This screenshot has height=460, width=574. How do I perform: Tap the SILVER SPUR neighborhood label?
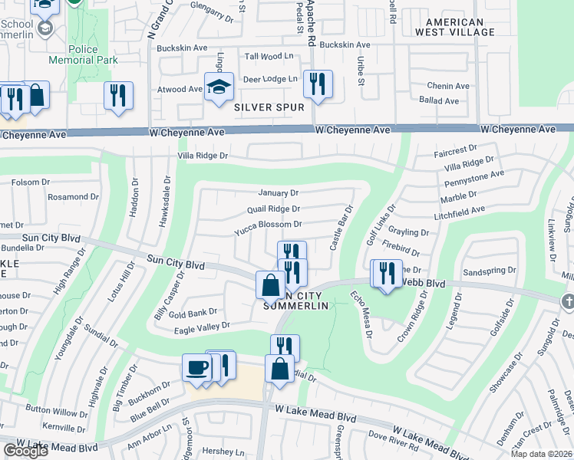click(269, 108)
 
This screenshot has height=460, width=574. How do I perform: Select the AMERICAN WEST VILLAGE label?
click(455, 28)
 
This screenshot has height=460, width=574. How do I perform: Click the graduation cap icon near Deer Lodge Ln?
click(219, 88)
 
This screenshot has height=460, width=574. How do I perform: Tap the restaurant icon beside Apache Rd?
click(318, 84)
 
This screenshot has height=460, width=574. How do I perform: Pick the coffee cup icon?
click(196, 368)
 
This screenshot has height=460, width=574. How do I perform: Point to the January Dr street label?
click(278, 192)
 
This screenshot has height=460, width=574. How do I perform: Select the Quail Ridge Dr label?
click(273, 209)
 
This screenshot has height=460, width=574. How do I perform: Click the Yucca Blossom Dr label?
click(268, 224)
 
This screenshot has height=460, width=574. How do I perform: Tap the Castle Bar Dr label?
click(340, 228)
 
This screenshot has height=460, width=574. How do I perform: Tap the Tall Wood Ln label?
click(269, 56)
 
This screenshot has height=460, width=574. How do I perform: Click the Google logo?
click(25, 451)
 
